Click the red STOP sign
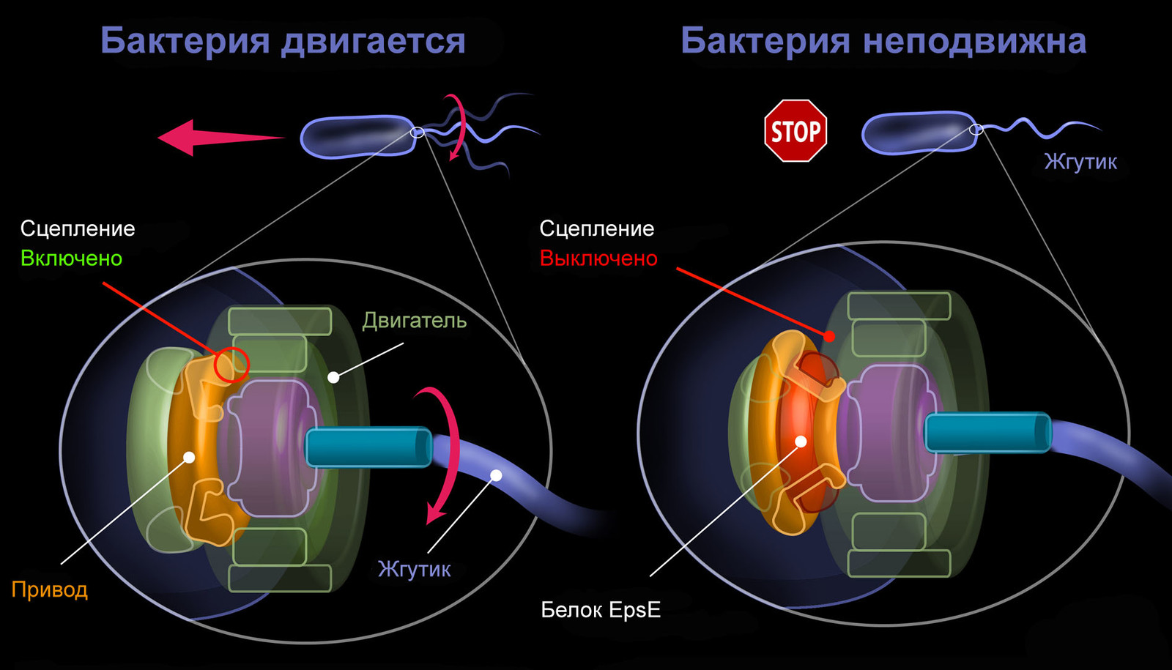pos(795,131)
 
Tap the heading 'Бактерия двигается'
pos(283,40)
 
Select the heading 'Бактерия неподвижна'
pos(883,40)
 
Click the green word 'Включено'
pos(71,258)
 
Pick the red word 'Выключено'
pos(598,258)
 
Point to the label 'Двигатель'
pos(414,321)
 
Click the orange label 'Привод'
pos(50,589)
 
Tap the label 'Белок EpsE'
pos(601,609)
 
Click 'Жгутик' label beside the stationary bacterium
pos(1080,162)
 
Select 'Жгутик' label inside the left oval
pos(414,569)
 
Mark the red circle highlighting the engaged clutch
pos(231,364)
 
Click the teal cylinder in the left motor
pos(368,447)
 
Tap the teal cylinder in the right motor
pos(987,432)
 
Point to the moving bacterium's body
pos(357,136)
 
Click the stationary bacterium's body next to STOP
pos(919,133)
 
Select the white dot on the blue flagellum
pos(496,475)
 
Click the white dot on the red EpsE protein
pos(801,442)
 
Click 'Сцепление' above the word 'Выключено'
pos(596,228)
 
